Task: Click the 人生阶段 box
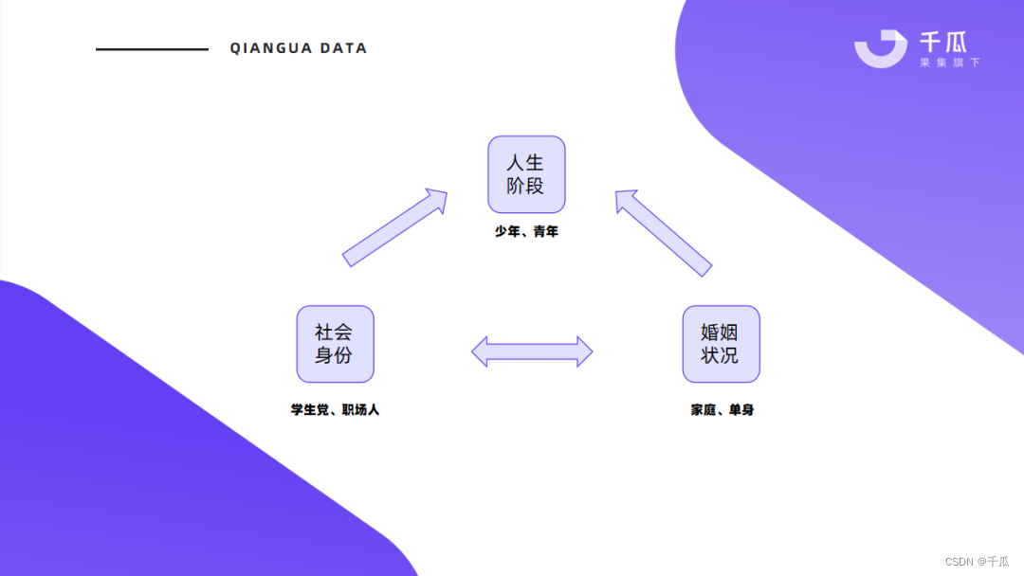coord(526,174)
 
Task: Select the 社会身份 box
coord(335,344)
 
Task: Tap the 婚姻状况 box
coord(721,344)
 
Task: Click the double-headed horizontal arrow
coord(532,351)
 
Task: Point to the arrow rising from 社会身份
coord(394,227)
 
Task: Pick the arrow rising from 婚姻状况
coord(664,233)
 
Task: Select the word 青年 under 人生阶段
coord(545,231)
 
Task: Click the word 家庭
coord(703,410)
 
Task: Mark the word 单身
coord(741,410)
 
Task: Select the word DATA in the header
coord(343,48)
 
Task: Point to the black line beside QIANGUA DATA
coord(152,49)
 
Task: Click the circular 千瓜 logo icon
coord(881,48)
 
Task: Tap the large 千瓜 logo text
coord(943,42)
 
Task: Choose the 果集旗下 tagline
coord(949,63)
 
